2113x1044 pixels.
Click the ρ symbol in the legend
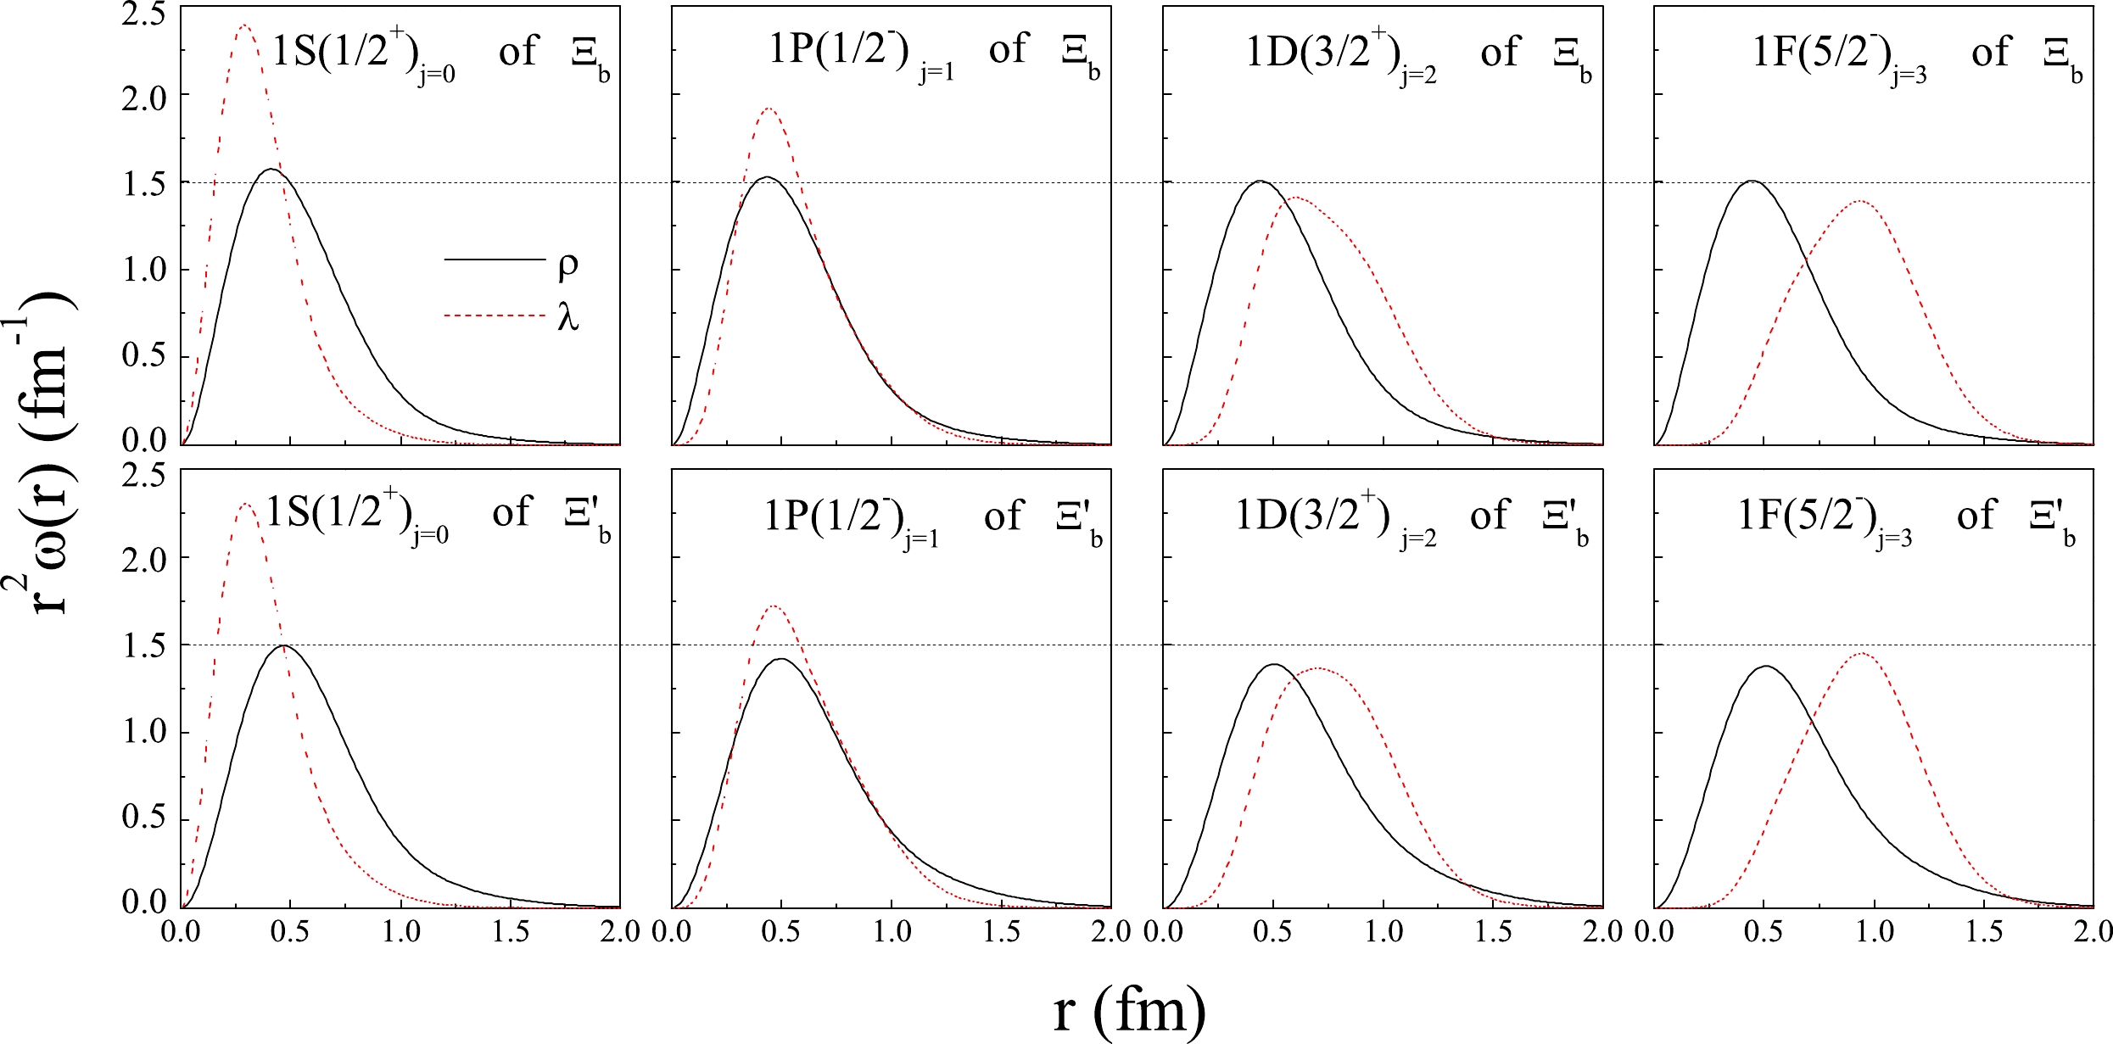(567, 265)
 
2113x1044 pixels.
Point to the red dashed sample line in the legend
(494, 316)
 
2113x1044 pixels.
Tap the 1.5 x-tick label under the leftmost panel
(511, 932)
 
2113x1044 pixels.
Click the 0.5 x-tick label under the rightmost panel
(1764, 932)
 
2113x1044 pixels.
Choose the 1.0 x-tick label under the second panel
(892, 932)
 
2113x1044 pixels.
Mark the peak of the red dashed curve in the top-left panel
(244, 25)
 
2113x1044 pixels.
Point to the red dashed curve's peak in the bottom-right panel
(1863, 653)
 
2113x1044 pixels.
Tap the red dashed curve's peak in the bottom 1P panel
(774, 606)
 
